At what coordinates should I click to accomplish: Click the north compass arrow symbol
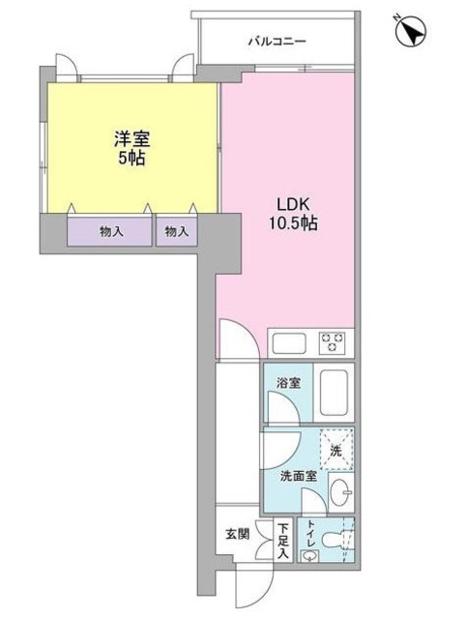(x=411, y=33)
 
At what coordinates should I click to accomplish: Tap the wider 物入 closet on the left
(x=110, y=232)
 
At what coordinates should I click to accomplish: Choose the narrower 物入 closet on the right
(x=176, y=232)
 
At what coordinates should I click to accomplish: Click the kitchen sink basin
(x=288, y=343)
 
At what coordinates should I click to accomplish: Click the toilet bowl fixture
(x=335, y=542)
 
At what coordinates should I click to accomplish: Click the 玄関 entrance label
(x=237, y=533)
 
